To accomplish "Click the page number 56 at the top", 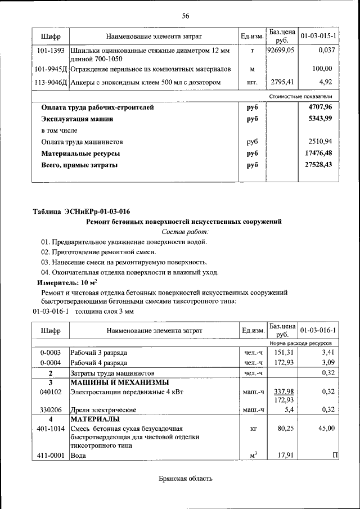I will [185, 16].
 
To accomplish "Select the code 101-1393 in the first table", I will [51, 51].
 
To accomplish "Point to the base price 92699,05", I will [281, 51].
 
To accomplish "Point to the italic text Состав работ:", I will [185, 231].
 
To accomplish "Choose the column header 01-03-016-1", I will [318, 330].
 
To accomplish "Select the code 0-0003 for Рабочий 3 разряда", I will [51, 353].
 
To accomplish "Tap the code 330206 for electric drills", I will [51, 410].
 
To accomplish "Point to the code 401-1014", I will [51, 429].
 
